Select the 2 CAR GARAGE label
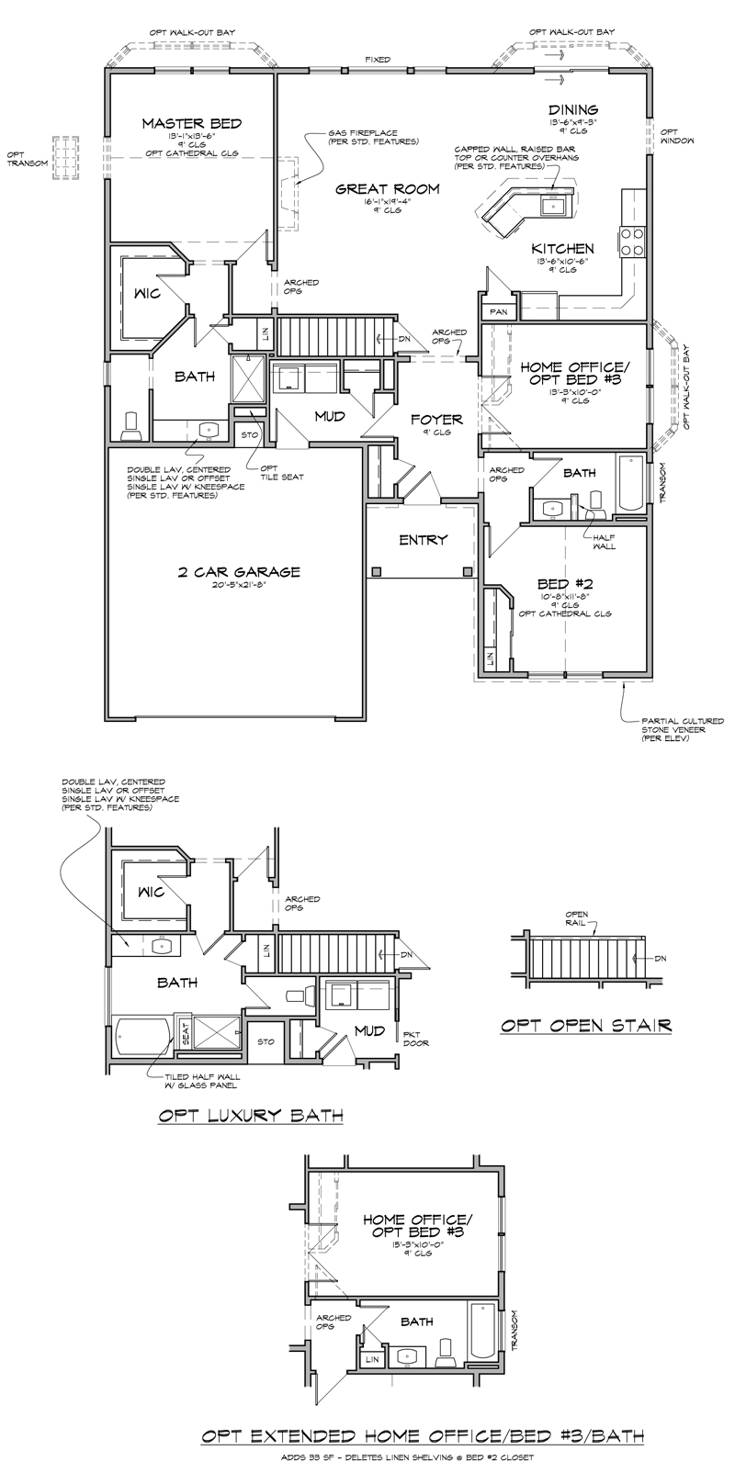tap(239, 571)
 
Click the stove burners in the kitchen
tap(633, 241)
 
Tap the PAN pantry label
tap(499, 312)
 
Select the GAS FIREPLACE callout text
tap(373, 137)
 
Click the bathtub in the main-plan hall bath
tap(633, 483)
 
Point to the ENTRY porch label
tap(423, 539)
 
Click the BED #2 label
tap(563, 583)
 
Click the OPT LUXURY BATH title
tap(251, 1116)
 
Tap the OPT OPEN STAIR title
tap(586, 1025)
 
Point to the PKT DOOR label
tap(416, 1039)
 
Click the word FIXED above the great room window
tap(377, 60)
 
